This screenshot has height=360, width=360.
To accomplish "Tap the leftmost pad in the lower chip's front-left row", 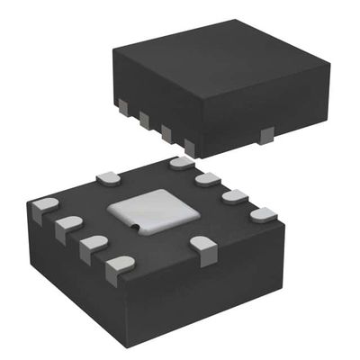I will [x=43, y=211].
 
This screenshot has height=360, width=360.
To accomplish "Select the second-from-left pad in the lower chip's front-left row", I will [x=67, y=229].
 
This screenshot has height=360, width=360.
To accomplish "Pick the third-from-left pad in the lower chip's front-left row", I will [x=92, y=247].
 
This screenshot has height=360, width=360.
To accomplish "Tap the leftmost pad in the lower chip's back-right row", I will [x=181, y=164].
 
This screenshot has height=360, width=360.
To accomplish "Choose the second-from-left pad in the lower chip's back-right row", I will [x=208, y=179].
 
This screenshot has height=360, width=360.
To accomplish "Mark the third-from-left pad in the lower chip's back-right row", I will [x=235, y=196].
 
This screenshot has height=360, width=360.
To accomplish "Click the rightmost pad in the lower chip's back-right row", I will [x=263, y=215].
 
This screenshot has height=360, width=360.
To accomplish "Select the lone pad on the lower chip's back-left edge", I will [x=106, y=177].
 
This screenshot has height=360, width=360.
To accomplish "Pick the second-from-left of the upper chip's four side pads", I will [x=144, y=120].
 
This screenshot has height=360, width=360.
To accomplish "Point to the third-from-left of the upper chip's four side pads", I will [x=166, y=133].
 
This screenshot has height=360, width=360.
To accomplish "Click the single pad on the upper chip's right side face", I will [x=265, y=135].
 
